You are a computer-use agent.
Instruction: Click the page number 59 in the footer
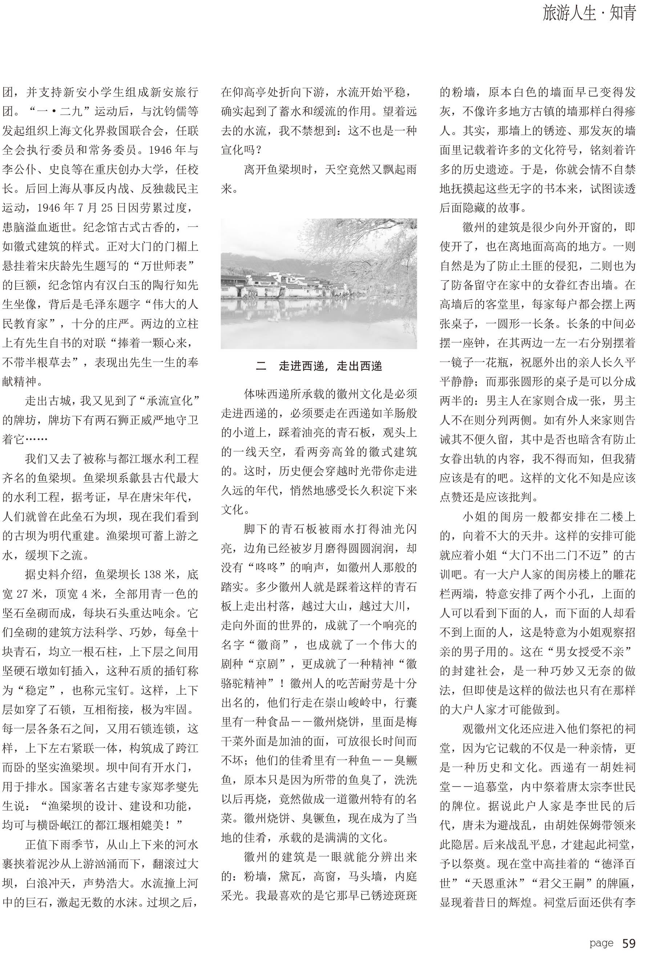point(629,940)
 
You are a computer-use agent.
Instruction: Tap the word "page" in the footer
point(601,940)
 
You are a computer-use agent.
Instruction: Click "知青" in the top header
point(622,13)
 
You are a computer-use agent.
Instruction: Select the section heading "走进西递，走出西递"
point(330,366)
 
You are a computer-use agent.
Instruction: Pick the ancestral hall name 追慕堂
point(487,787)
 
